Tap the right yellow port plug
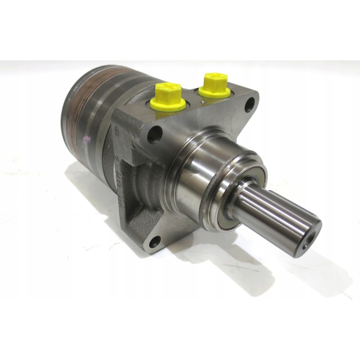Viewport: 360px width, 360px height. (x=214, y=85)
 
